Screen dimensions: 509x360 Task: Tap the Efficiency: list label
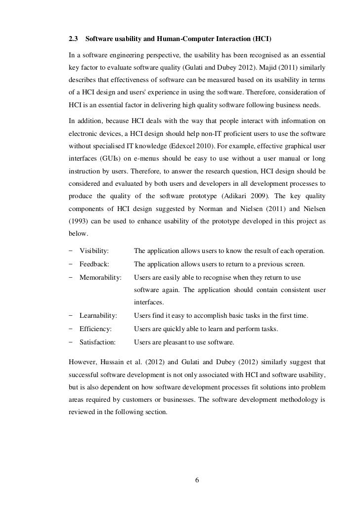pyautogui.click(x=95, y=329)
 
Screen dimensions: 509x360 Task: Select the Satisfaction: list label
pyautogui.click(x=97, y=341)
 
